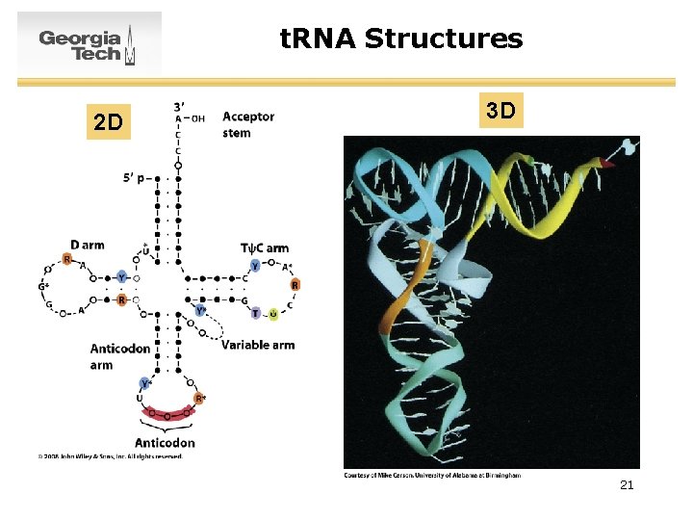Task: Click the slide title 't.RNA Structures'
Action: [x=401, y=39]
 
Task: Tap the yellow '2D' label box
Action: [x=108, y=122]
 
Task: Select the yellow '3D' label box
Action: [x=500, y=111]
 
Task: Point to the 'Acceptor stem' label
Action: [x=247, y=124]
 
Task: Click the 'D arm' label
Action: [x=88, y=245]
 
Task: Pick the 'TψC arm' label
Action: [x=264, y=248]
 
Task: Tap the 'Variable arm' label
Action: [x=257, y=345]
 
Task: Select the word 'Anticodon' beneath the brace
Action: [x=165, y=443]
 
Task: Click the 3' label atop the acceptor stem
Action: [x=180, y=105]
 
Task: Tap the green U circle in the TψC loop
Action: [x=273, y=314]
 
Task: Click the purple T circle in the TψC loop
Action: [x=255, y=313]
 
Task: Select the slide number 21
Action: [x=627, y=485]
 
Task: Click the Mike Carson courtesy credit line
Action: [x=432, y=475]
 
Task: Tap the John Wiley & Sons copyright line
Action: [x=110, y=456]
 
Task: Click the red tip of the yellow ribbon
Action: [x=605, y=164]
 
